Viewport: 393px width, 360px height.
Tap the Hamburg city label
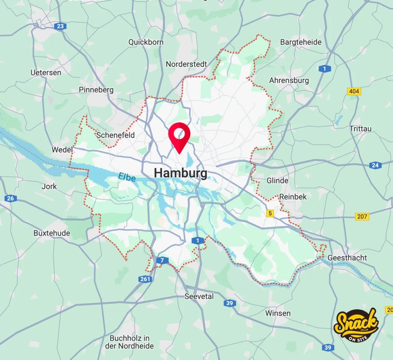point(180,173)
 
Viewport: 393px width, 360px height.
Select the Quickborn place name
point(146,42)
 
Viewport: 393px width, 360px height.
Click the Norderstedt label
point(187,64)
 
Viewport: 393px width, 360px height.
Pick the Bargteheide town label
point(301,42)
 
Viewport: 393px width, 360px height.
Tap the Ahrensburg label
point(289,81)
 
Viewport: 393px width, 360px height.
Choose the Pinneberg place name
point(96,90)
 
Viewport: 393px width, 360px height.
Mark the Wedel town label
point(62,150)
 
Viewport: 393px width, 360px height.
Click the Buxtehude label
point(52,233)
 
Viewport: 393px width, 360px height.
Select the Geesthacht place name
point(347,258)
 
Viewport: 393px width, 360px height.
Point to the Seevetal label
point(199,296)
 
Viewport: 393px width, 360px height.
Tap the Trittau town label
point(360,129)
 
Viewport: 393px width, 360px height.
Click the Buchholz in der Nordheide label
point(129,342)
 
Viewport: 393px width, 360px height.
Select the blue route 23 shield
point(60,26)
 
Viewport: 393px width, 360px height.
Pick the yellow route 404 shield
point(353,91)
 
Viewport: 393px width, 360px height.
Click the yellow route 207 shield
point(362,216)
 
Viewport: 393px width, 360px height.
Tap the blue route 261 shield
point(145,279)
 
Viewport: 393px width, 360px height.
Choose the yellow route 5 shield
point(270,213)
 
